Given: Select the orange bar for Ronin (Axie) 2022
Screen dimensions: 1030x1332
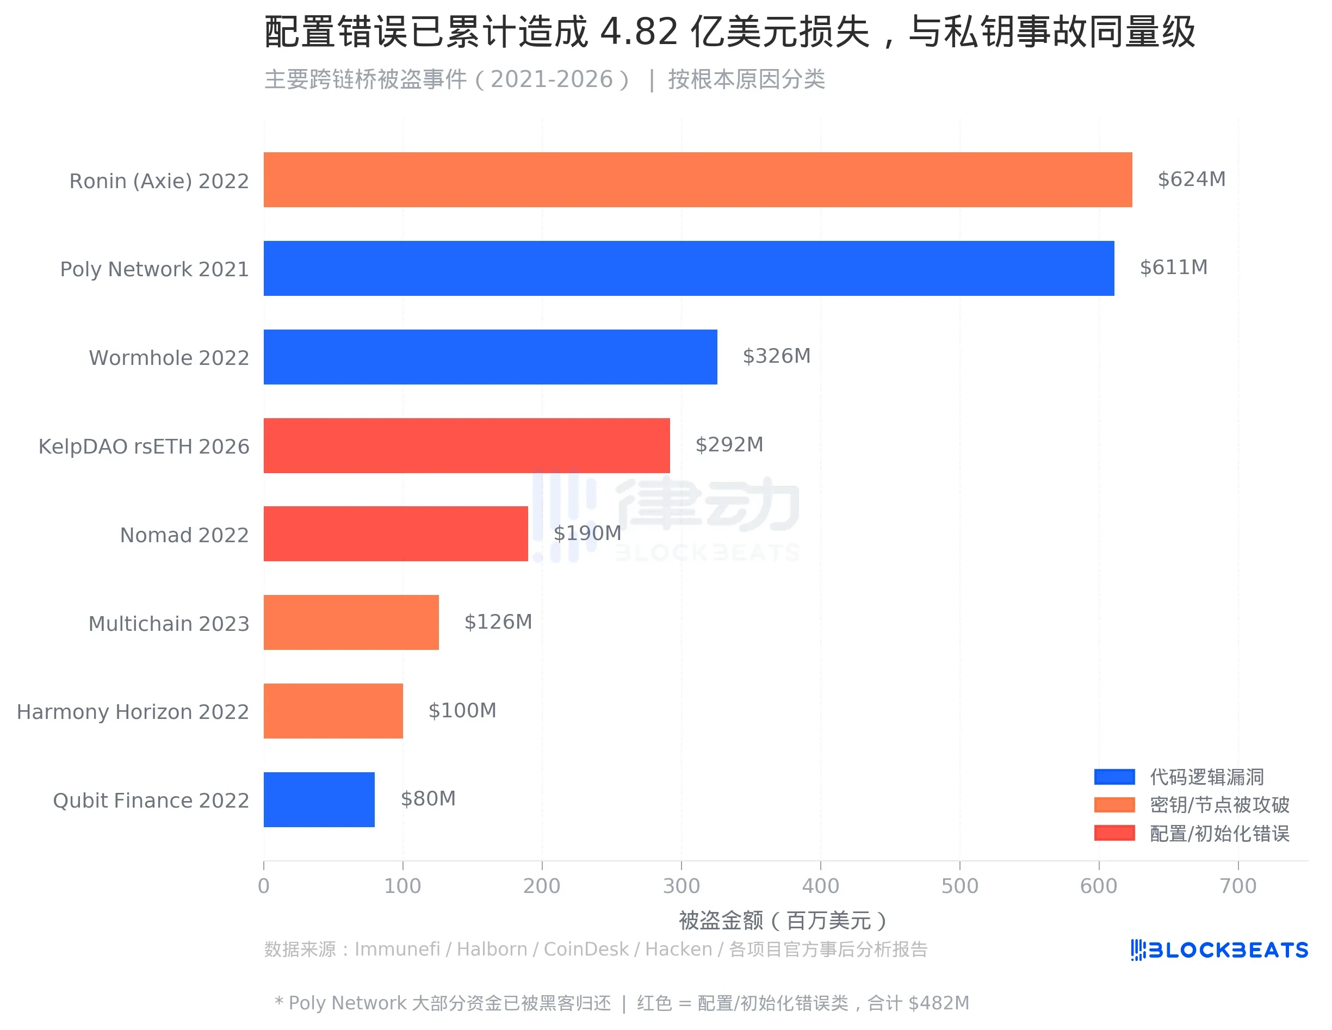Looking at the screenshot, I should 697,180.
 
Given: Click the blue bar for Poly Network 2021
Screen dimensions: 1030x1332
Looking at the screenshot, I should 688,268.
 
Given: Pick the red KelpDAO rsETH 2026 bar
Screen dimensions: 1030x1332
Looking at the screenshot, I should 466,445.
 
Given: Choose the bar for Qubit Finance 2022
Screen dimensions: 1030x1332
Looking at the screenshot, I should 319,799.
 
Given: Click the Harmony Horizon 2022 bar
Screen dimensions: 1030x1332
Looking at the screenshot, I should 333,711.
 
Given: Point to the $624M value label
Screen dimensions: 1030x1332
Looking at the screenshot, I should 1191,179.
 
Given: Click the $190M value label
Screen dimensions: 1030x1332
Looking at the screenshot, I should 587,533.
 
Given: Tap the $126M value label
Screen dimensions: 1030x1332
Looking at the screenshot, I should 498,622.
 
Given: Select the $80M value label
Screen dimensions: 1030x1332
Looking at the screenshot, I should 428,799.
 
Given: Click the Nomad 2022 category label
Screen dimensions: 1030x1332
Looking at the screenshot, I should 184,535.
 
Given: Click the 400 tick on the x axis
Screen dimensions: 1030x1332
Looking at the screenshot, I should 820,885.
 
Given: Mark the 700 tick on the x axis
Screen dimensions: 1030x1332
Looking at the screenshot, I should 1237,885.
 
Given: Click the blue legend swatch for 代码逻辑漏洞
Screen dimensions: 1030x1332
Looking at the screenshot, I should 1114,777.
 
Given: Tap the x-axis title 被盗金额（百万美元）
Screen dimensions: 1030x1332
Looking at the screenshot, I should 783,920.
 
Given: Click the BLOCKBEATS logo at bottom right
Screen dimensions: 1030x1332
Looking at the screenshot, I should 1218,950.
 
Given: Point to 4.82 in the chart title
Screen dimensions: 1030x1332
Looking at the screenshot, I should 639,32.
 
